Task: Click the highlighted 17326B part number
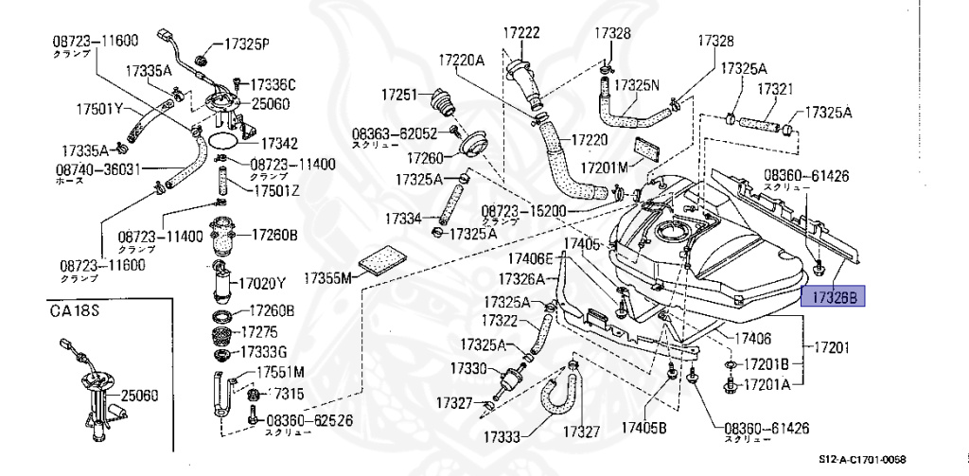click(834, 297)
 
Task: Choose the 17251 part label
click(399, 96)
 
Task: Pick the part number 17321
click(773, 88)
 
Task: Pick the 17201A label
click(773, 384)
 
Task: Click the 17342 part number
click(279, 144)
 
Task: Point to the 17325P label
click(249, 44)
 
